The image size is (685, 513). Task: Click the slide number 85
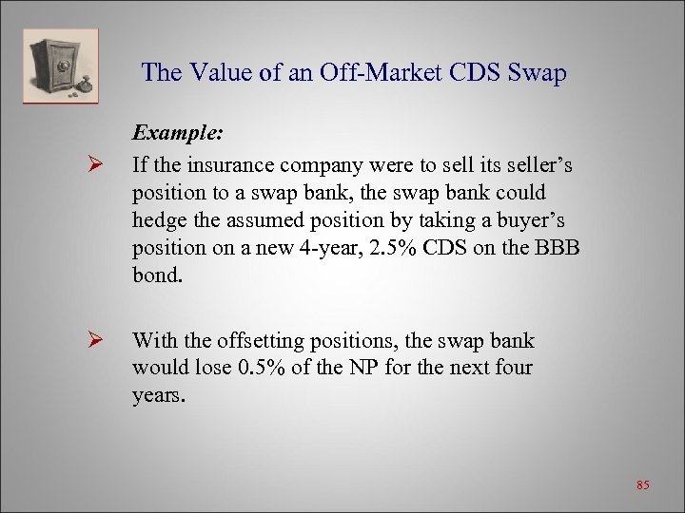tap(642, 485)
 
